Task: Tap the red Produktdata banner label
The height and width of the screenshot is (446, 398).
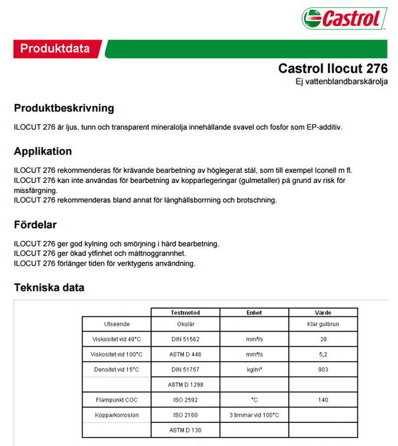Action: pos(55,48)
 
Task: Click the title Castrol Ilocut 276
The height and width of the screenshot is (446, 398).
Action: pos(333,68)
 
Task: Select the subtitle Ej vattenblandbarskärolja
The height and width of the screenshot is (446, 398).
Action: pos(341,82)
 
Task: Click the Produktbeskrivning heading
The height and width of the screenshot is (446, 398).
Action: pos(64,109)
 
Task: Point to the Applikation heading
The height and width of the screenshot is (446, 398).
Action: pos(43,151)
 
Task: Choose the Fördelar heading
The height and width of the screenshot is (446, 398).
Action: pos(35,225)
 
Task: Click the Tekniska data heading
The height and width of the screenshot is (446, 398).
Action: pos(49,288)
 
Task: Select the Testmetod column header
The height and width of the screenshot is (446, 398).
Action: pos(185,313)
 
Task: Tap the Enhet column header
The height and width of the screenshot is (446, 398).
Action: pos(254,313)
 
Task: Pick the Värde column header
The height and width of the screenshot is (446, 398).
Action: pos(323,313)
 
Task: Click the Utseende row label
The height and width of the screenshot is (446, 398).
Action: pos(117,324)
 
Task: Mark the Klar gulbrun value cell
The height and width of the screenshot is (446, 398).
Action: pos(323,324)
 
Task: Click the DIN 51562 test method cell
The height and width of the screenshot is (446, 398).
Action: pos(185,339)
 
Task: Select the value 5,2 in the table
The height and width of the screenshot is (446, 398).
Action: pos(323,355)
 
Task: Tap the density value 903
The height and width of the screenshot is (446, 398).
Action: pos(323,370)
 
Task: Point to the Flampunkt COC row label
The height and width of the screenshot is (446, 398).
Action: pos(117,400)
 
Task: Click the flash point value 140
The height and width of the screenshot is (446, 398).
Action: pos(323,400)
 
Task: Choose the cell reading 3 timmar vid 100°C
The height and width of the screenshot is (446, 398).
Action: pos(254,415)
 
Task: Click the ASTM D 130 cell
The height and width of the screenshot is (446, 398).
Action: pos(185,431)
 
